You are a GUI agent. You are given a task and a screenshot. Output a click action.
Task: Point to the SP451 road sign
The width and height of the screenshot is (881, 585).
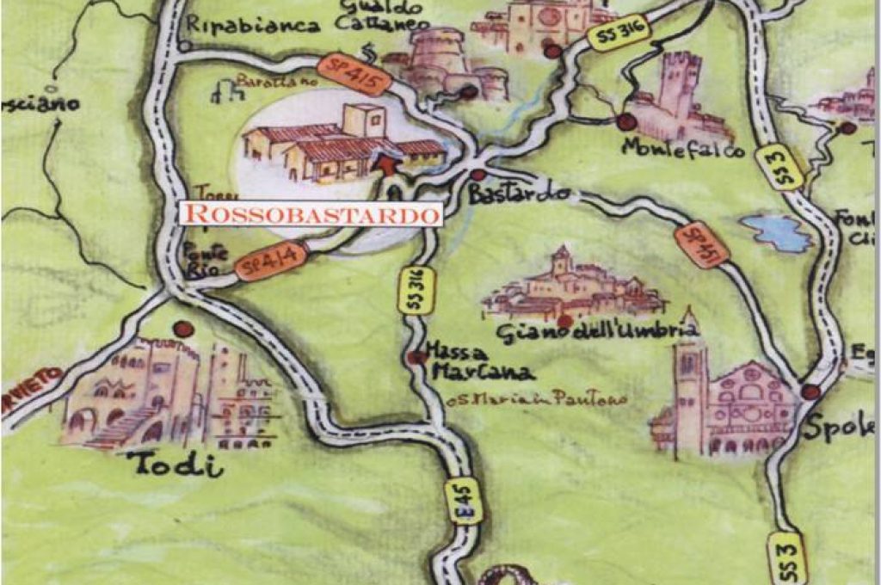click(702, 245)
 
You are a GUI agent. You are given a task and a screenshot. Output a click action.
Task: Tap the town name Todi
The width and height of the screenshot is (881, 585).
click(176, 465)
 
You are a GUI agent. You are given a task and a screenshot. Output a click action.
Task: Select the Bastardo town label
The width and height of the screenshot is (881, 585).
click(508, 194)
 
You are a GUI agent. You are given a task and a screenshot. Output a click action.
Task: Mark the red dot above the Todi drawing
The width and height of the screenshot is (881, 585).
click(182, 329)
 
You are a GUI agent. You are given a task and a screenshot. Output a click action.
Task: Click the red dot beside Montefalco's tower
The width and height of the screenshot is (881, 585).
click(626, 121)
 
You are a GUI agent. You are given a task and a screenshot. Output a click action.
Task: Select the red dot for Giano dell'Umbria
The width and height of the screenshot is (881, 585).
click(564, 321)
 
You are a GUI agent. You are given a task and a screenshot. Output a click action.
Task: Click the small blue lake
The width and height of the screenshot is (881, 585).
click(777, 232)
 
